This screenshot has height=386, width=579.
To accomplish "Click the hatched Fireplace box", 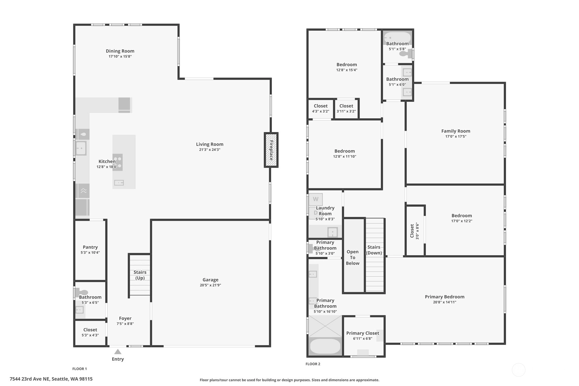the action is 271,150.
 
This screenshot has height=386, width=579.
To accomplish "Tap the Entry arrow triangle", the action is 118,352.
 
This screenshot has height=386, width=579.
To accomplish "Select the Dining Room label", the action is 120,51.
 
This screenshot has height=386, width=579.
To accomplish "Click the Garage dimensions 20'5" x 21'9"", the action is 211,285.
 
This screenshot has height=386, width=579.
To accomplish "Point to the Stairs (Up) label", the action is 140,275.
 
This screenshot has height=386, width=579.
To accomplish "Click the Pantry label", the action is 90,247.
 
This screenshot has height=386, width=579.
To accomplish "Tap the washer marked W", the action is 316,199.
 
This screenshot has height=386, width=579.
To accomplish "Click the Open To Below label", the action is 352,258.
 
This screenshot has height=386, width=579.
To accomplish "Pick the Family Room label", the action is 456,131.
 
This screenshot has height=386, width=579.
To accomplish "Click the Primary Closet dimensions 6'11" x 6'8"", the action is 363,339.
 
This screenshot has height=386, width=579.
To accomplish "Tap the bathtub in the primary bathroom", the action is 325,346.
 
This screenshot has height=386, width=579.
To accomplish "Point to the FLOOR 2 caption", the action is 313,364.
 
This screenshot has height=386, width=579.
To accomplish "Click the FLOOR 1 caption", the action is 79,369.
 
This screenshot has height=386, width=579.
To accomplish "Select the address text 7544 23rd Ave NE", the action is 29,379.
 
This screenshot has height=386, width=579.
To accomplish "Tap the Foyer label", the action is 125,318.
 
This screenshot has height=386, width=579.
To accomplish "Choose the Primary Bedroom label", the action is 445,297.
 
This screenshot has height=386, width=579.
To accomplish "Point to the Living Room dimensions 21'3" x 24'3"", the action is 209,150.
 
